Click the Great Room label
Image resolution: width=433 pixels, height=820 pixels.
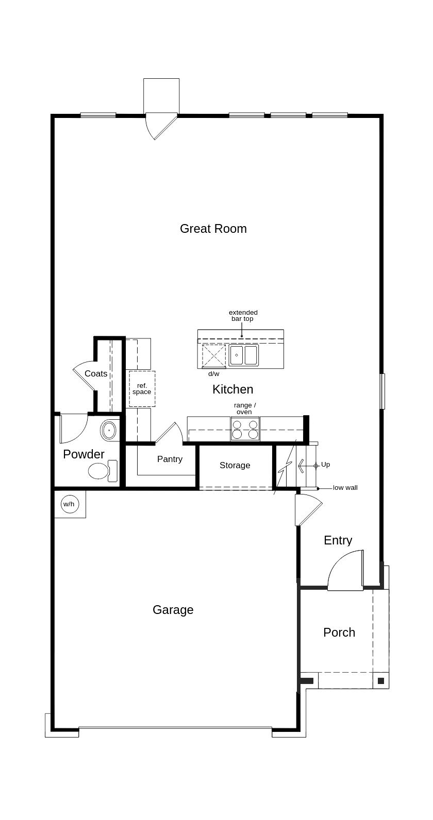[213, 229]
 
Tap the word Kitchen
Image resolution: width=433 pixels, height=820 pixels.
[232, 389]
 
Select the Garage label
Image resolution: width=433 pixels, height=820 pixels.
[173, 610]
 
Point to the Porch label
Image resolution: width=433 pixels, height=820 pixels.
[339, 633]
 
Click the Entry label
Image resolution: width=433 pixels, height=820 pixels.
[338, 540]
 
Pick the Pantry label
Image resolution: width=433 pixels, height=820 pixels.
[170, 459]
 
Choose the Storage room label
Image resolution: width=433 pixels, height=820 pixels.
[235, 465]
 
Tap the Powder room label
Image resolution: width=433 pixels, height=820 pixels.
[84, 454]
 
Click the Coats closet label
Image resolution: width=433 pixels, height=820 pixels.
[96, 374]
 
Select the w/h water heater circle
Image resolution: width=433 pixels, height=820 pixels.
[70, 504]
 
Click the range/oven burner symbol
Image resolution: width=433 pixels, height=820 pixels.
[245, 429]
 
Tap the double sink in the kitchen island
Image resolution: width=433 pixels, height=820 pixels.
[244, 355]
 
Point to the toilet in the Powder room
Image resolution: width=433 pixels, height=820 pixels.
[103, 471]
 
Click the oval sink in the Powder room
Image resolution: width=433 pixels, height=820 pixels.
[109, 431]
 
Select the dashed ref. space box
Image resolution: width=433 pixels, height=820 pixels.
[142, 389]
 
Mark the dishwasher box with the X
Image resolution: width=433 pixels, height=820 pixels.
[214, 356]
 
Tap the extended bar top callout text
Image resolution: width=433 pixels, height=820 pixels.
[243, 316]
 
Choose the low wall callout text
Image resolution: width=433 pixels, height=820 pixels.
[345, 488]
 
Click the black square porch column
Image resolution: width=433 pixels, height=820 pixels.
[381, 681]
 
